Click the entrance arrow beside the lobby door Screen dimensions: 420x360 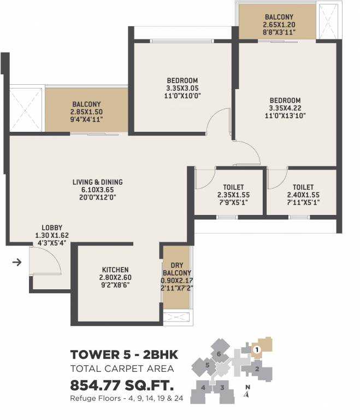pyautogui.click(x=16, y=262)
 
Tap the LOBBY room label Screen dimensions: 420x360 pyautogui.click(x=52, y=228)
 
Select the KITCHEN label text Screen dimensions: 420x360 pyautogui.click(x=115, y=270)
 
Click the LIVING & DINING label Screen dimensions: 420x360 pyautogui.click(x=98, y=182)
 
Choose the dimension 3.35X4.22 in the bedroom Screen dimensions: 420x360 pyautogui.click(x=285, y=108)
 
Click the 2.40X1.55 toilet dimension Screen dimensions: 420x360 pyautogui.click(x=303, y=194)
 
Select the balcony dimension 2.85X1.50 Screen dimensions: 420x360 pyautogui.click(x=86, y=112)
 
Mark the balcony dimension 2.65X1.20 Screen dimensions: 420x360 pyautogui.click(x=279, y=25)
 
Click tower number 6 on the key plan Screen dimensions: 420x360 pyautogui.click(x=219, y=354)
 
